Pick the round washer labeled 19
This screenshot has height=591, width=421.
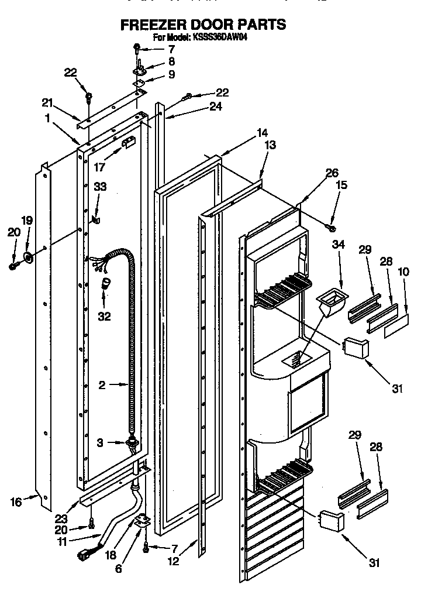click(29, 256)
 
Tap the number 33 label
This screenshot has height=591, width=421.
click(101, 187)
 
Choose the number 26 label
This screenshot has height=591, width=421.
click(332, 173)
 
